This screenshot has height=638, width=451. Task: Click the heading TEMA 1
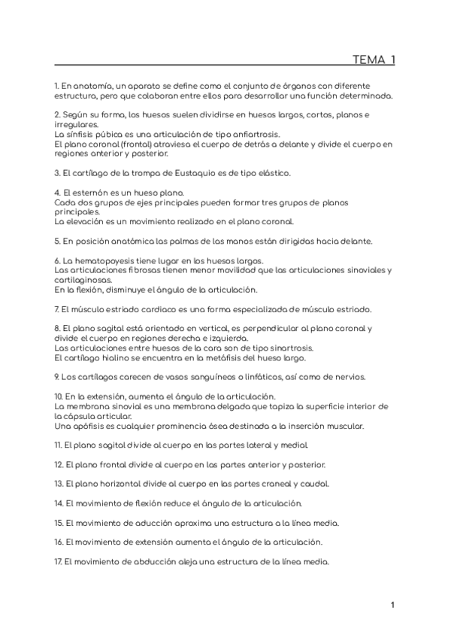point(374,60)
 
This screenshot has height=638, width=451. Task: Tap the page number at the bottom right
point(393,604)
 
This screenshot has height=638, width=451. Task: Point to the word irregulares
point(76,124)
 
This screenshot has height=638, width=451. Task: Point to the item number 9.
point(56,376)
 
